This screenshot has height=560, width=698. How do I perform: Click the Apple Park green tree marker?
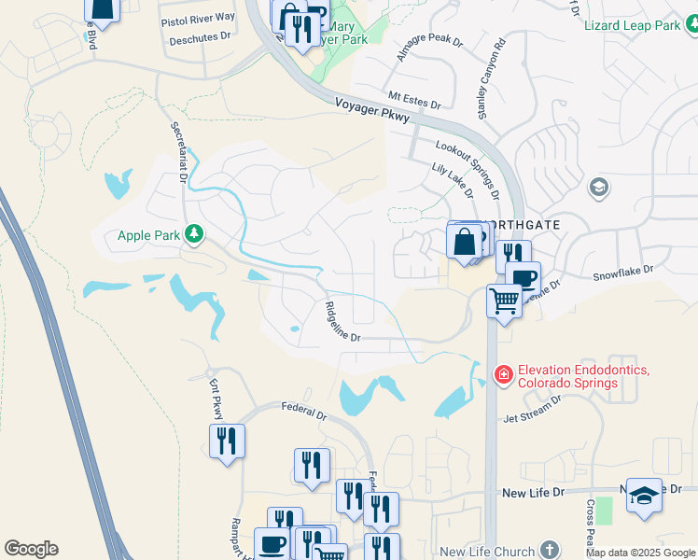coord(194,233)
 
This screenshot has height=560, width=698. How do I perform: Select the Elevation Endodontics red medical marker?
coord(503,375)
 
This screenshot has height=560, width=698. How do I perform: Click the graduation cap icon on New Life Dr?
coord(644,495)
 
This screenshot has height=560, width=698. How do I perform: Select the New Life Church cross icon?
coord(551,551)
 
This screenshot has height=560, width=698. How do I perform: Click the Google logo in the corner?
coord(31,549)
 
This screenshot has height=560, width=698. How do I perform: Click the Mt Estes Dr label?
coord(412,97)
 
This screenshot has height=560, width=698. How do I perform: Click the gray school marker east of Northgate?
coord(598,188)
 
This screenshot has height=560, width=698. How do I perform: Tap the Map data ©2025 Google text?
coord(640,553)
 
